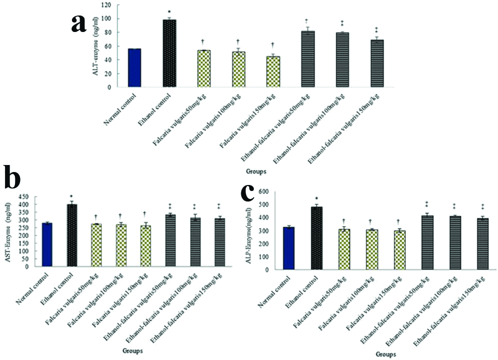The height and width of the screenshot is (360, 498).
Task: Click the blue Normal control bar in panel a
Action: coord(135,67)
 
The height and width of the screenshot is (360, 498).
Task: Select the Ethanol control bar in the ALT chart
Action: coord(170,53)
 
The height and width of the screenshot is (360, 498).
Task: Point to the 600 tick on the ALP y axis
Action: coord(263,192)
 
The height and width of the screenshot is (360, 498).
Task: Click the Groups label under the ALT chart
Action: coord(256,171)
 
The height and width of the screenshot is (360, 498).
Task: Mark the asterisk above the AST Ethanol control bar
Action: coord(72,196)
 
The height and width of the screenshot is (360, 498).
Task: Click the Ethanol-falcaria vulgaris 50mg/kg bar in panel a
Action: coord(308,59)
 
